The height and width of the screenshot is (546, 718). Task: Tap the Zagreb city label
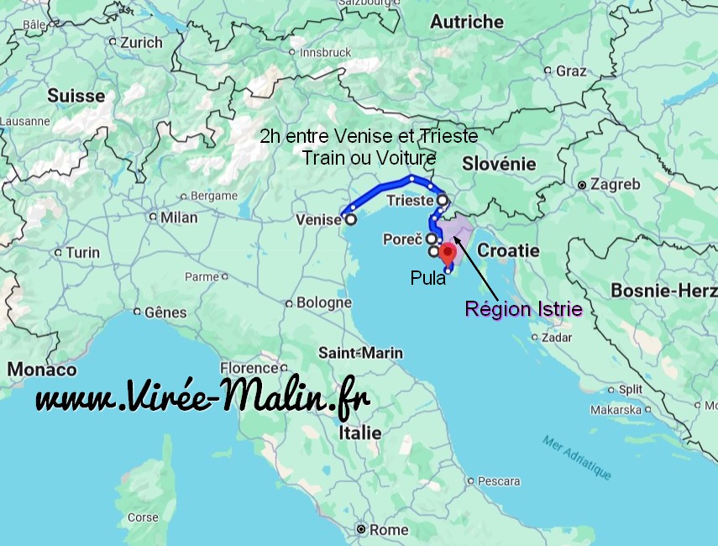[x=616, y=184]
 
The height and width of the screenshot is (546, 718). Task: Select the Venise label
[x=318, y=219]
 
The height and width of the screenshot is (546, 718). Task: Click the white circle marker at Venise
[x=350, y=219]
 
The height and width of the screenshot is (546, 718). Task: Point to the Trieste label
[x=409, y=201]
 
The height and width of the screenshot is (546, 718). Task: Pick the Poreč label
[x=401, y=239]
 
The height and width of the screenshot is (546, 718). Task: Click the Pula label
[x=428, y=278]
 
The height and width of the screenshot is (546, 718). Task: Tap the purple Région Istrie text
[x=524, y=309]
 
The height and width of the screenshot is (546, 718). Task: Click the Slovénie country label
[x=499, y=164]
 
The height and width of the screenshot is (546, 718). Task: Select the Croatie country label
[x=508, y=250]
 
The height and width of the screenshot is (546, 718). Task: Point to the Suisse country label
[x=76, y=96]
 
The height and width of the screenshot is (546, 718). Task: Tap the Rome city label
[x=389, y=530]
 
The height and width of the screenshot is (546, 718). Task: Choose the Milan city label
[x=179, y=218]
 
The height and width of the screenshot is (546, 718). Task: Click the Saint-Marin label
[x=360, y=353]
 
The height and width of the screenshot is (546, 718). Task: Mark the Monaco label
[x=42, y=370]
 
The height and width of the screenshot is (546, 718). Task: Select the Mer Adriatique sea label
[x=576, y=458]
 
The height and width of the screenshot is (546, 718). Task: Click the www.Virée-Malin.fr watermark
[x=202, y=397]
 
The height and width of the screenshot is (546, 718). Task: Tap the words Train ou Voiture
[x=369, y=158]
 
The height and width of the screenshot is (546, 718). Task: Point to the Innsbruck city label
[x=325, y=52]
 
